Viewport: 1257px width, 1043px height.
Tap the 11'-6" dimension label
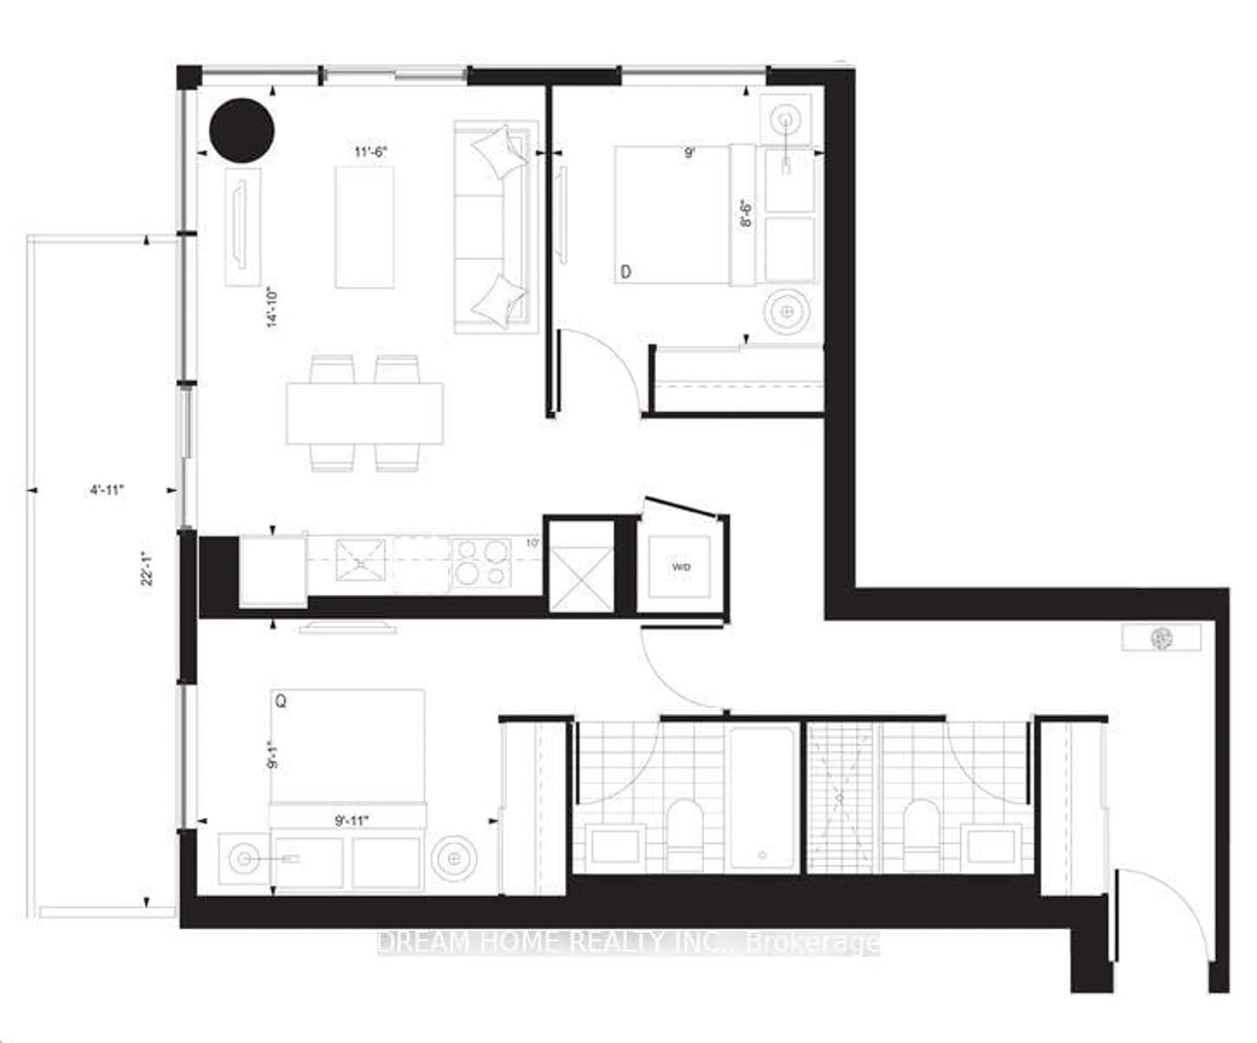[x=371, y=152]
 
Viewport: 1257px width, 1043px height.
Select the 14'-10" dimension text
[x=272, y=307]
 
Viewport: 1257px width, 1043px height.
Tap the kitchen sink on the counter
[x=360, y=560]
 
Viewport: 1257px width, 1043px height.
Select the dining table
[x=364, y=414]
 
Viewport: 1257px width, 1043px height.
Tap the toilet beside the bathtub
[x=685, y=836]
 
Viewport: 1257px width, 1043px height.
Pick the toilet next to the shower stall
[x=922, y=836]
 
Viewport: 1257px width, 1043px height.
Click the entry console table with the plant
[x=1161, y=638]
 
